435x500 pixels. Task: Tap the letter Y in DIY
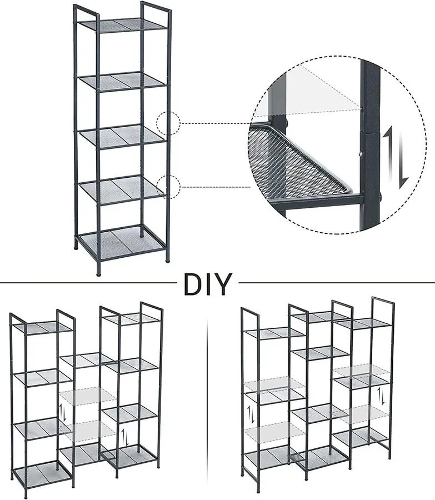pyautogui.click(x=222, y=284)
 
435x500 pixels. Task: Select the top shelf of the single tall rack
pyautogui.click(x=123, y=24)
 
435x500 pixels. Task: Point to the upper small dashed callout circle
pyautogui.click(x=168, y=123)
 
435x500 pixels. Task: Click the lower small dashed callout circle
pyautogui.click(x=168, y=187)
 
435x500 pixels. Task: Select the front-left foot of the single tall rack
pyautogui.click(x=98, y=273)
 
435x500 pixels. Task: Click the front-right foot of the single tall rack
pyautogui.click(x=167, y=260)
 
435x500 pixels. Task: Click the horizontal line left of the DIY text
pyautogui.click(x=88, y=283)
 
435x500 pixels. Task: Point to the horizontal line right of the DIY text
pyautogui.click(x=337, y=283)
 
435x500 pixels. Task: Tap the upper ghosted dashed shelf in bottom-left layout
pyautogui.click(x=88, y=396)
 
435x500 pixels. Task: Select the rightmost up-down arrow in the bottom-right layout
pyautogui.click(x=381, y=396)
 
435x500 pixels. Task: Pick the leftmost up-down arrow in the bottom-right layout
pyautogui.click(x=252, y=413)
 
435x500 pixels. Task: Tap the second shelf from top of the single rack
pyautogui.click(x=122, y=81)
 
